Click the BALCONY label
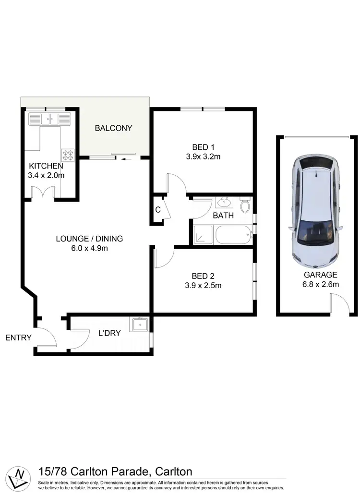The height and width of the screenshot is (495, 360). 113,128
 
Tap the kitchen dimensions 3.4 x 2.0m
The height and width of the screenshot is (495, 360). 46,175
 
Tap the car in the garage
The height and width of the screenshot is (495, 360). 316,211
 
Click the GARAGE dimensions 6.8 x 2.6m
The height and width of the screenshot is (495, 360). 321,284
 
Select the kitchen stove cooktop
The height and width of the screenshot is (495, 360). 68,154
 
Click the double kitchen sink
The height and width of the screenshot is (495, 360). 49,119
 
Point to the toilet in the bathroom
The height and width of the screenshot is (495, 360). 245,205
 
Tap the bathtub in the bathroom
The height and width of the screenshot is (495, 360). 233,236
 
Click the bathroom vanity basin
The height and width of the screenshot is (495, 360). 224,201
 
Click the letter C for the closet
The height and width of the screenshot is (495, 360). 157,209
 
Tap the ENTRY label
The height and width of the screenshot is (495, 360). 18,338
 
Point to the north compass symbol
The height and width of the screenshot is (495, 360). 20,478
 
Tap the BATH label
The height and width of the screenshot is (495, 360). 223,216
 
